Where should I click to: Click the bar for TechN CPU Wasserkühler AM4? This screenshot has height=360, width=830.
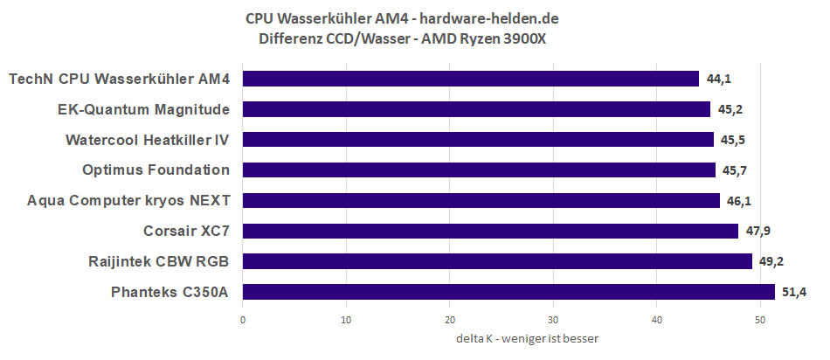tap(470, 79)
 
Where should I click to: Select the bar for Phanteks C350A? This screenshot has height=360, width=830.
tap(508, 292)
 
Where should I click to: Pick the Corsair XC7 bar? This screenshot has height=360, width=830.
tap(490, 231)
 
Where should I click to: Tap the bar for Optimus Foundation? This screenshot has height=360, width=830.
tap(479, 170)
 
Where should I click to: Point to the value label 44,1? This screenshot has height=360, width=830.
tap(718, 79)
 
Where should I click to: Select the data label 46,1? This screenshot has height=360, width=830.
tap(739, 200)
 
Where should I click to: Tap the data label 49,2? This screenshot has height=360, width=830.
tap(771, 261)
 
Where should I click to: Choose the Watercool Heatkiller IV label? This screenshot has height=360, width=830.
tap(148, 140)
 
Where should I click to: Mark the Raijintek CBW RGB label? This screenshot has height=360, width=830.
tap(159, 261)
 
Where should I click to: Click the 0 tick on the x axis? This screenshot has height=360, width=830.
tap(243, 319)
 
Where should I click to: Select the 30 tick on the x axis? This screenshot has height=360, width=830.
tap(553, 319)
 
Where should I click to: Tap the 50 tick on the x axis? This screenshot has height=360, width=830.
tap(760, 319)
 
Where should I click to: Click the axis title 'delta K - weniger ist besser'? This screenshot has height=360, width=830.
tap(527, 338)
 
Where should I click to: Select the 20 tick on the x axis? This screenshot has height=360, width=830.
tap(450, 319)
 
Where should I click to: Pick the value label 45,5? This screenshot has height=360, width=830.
tap(733, 140)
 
